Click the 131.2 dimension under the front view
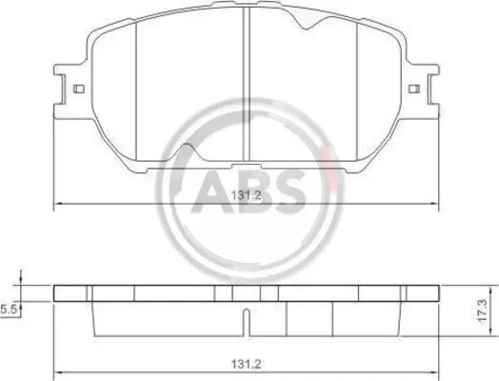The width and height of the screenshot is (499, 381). (247, 195)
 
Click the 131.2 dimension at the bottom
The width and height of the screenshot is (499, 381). (247, 364)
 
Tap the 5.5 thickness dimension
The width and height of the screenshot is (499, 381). (9, 309)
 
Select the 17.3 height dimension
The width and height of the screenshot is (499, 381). (483, 311)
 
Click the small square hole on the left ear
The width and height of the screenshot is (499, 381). (79, 89)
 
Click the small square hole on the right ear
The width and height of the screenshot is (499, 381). (414, 90)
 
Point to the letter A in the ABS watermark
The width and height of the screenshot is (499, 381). (211, 191)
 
